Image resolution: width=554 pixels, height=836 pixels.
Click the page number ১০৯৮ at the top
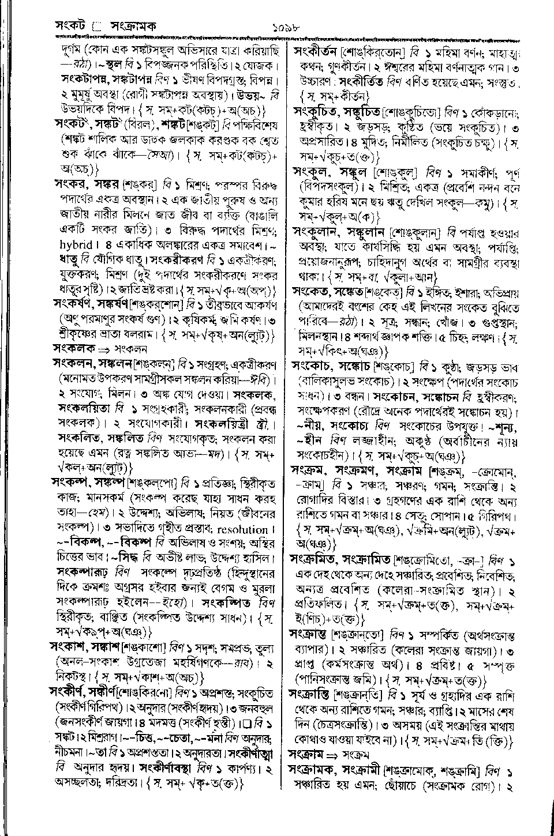click(286, 26)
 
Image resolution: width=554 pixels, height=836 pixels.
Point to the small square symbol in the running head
click(96, 26)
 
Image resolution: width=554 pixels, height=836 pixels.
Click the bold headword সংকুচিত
click(317, 109)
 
